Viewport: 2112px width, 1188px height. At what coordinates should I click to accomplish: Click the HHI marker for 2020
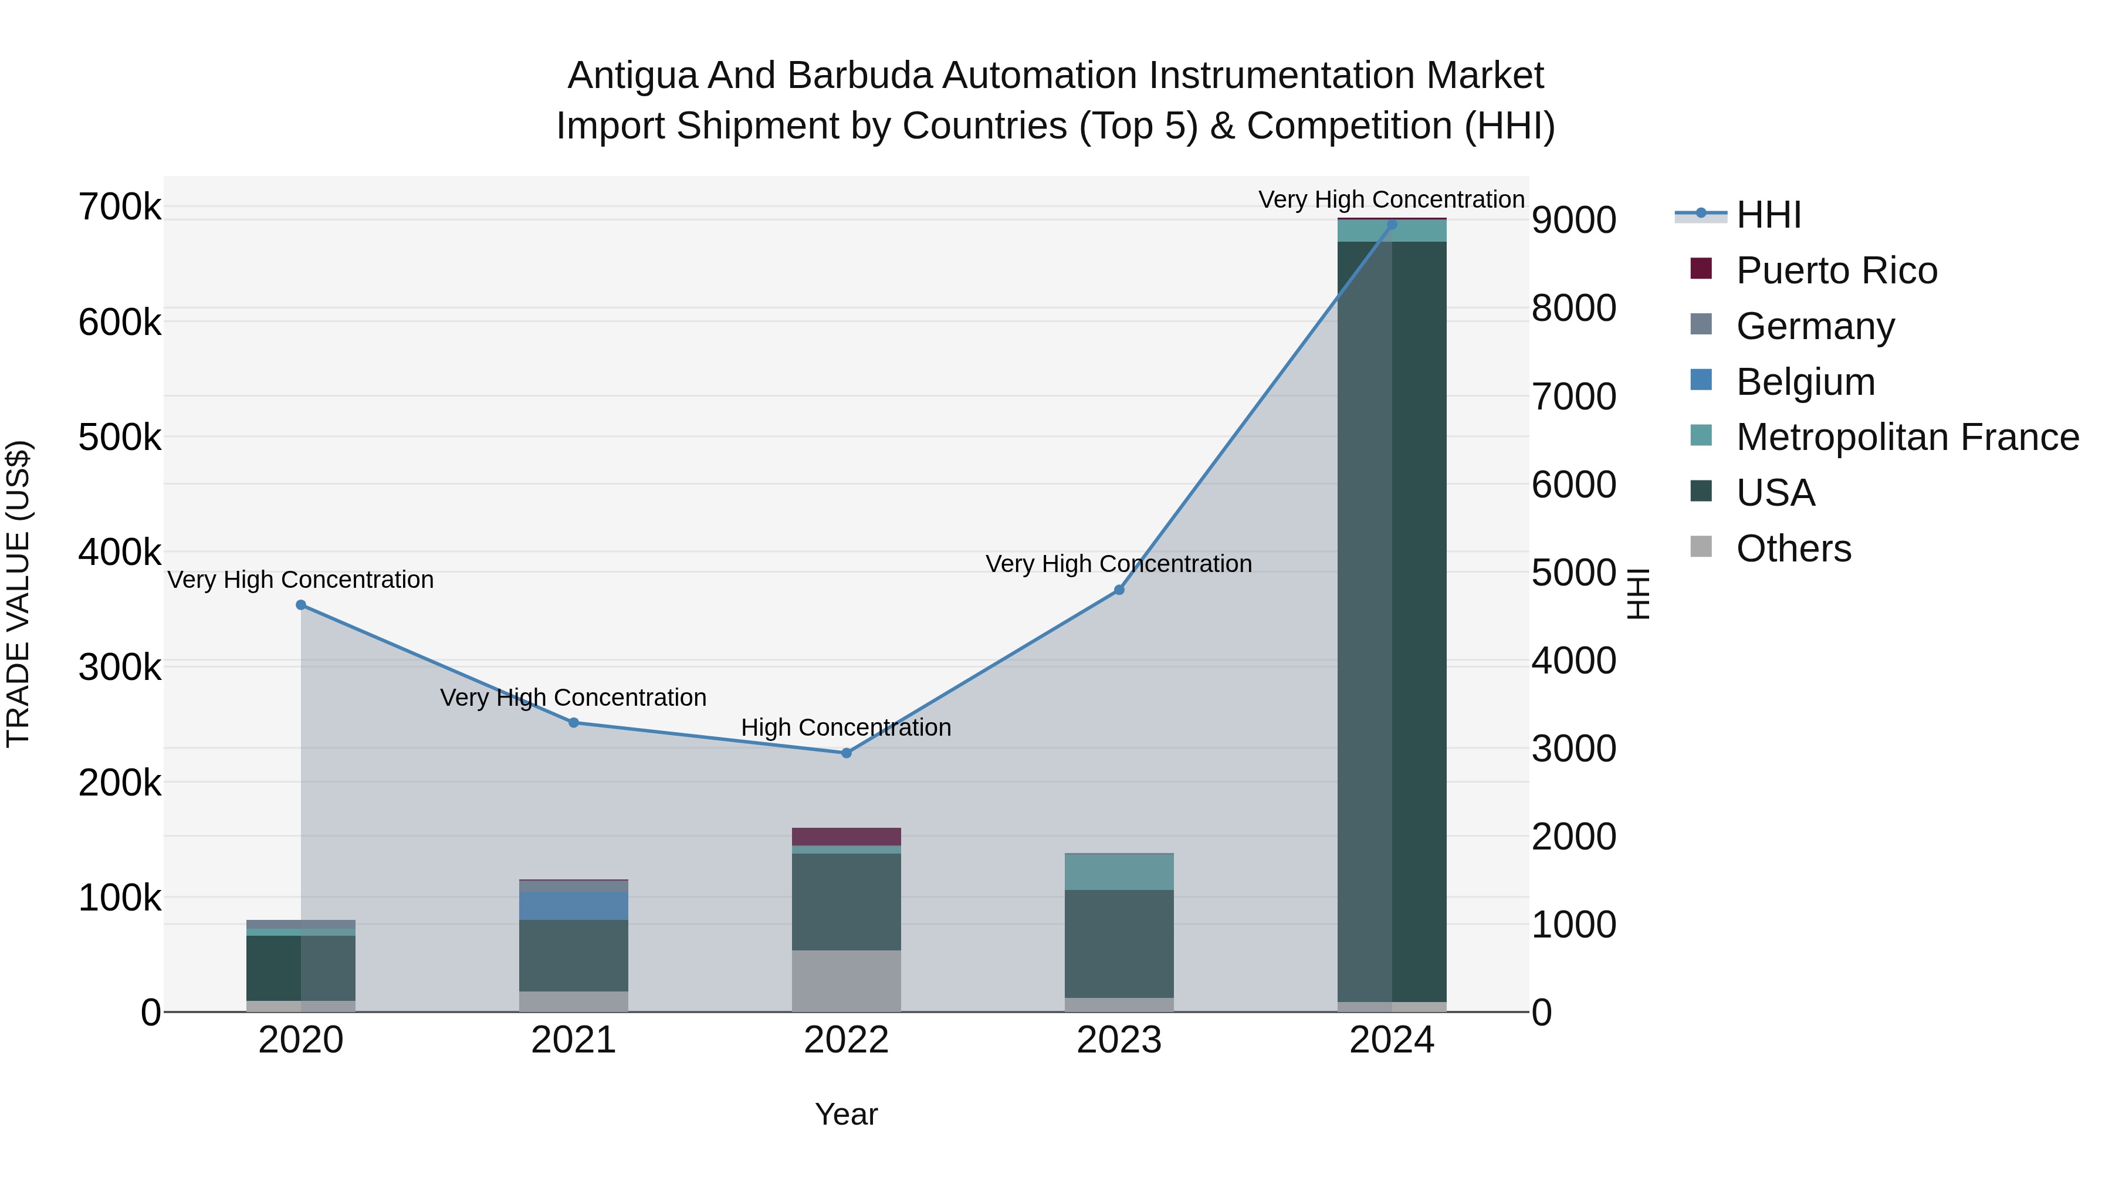coord(301,605)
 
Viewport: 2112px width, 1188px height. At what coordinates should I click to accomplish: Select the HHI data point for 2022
coord(846,753)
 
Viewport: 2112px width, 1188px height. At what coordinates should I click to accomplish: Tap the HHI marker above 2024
coord(1392,225)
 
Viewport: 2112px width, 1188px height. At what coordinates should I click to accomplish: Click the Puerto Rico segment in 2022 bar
coord(846,836)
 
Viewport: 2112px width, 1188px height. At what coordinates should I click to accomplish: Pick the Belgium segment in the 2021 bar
coord(573,905)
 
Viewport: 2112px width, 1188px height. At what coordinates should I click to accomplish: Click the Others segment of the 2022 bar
coord(846,980)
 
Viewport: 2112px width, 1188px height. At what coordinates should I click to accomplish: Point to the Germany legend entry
coord(1815,326)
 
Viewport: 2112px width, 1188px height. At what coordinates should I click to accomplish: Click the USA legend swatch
coord(1701,492)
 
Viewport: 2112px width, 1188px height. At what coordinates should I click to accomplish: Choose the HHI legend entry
coord(1768,215)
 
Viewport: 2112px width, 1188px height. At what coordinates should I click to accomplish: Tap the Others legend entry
coord(1793,549)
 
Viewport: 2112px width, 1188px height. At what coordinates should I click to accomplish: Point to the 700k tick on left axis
coord(120,208)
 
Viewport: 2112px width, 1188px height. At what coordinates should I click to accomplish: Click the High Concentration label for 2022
coord(846,727)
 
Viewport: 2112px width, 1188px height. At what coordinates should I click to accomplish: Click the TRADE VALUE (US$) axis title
coord(18,594)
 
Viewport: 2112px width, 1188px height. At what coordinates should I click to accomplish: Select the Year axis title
coord(846,1114)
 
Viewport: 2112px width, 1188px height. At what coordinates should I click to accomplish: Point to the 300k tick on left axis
coord(120,668)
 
